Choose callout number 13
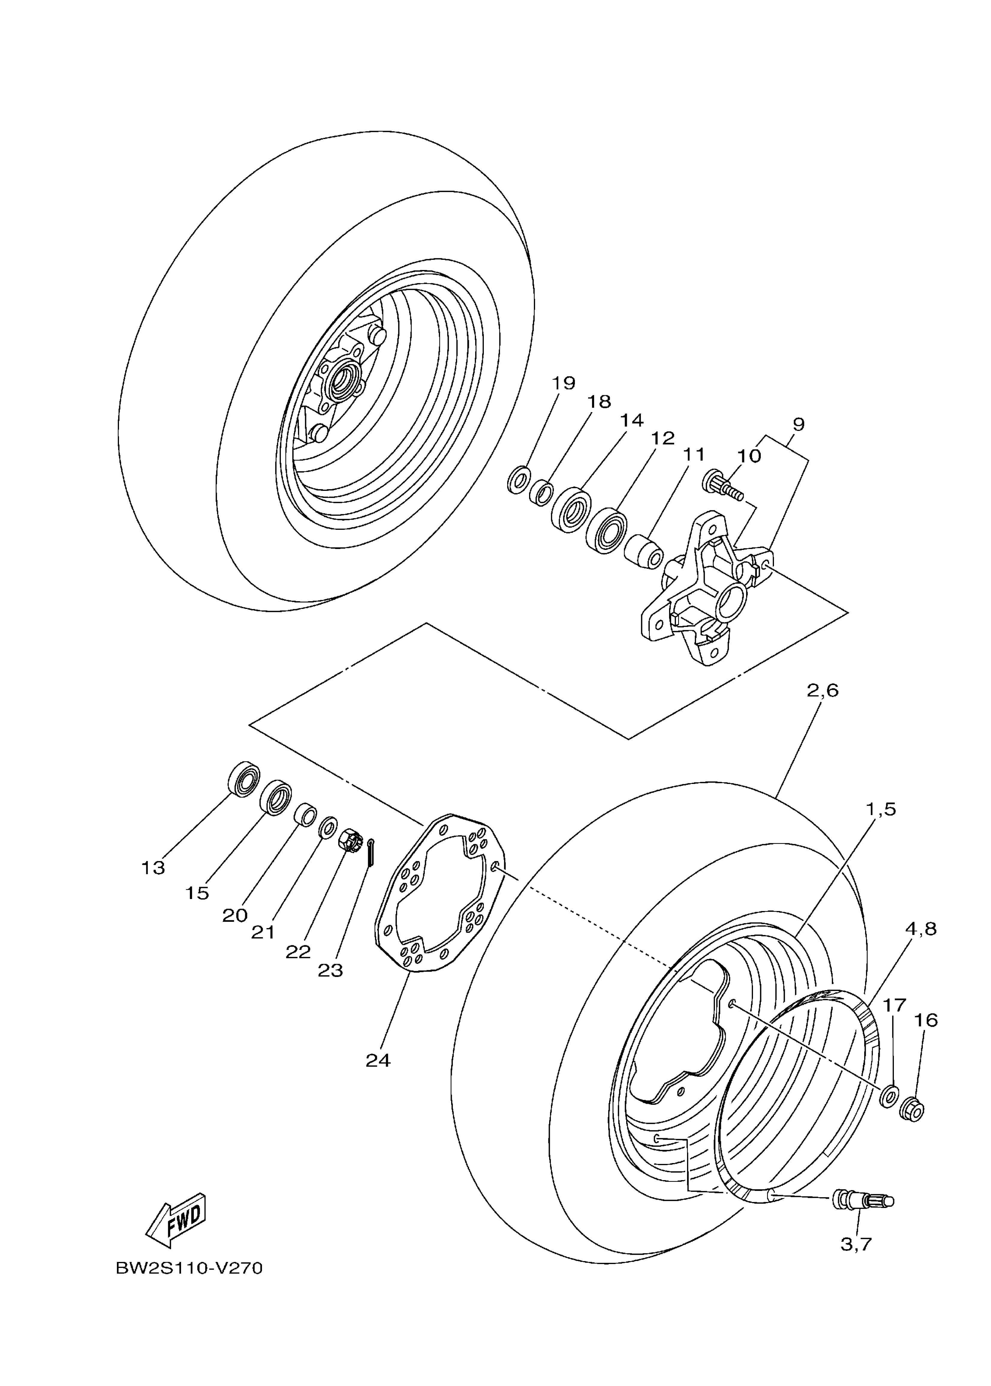tap(153, 868)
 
